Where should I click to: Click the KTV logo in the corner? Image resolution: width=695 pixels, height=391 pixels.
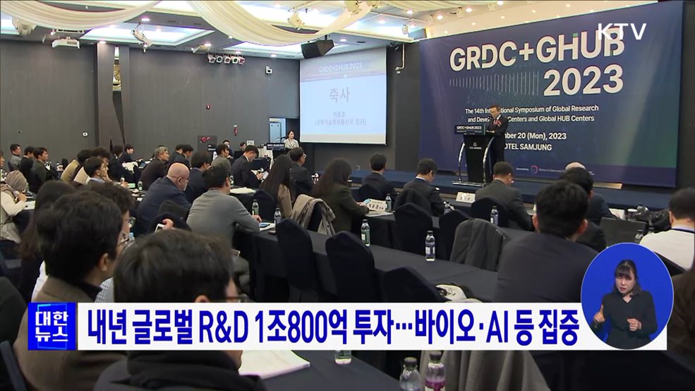[x=621, y=31]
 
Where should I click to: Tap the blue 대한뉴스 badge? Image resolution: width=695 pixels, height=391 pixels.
[x=52, y=326]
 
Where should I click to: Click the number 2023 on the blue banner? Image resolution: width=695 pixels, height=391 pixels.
[x=583, y=79]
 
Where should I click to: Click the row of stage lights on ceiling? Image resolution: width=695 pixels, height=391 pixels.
[x=226, y=59]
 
